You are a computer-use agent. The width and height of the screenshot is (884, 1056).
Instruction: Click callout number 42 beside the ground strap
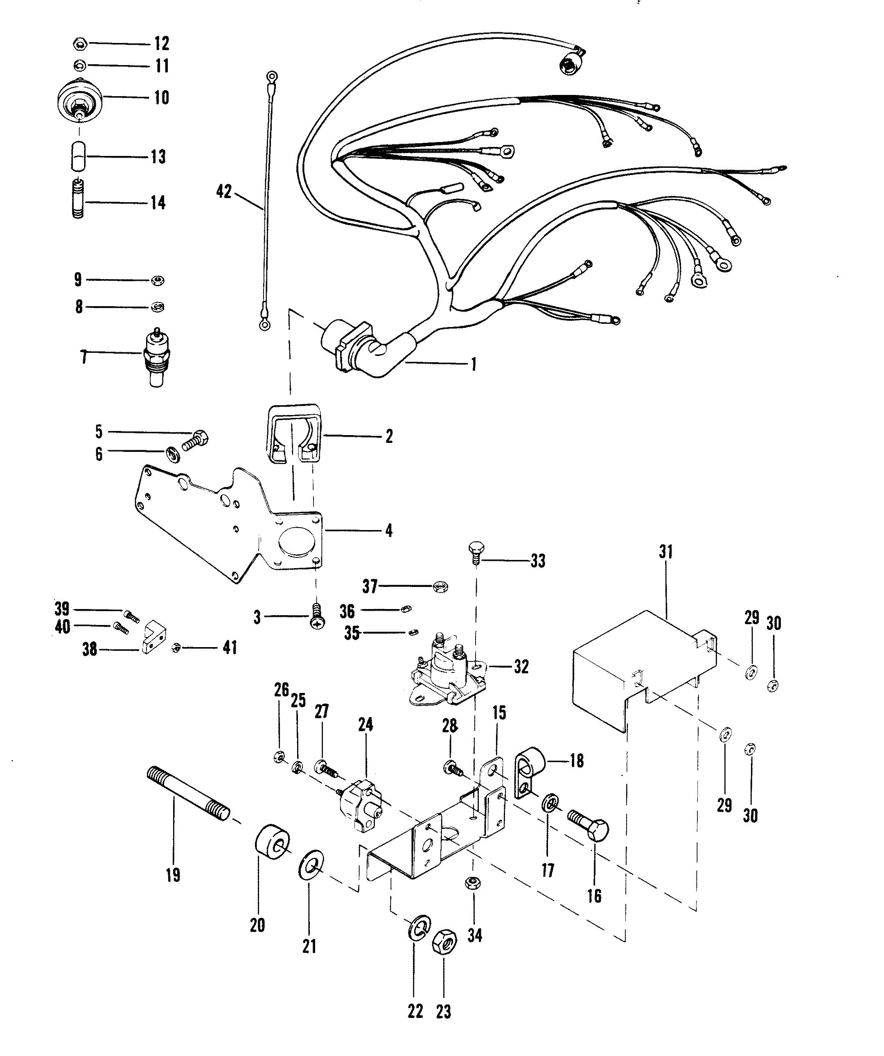[x=224, y=192]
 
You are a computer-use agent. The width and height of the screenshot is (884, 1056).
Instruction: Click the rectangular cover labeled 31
[x=638, y=664]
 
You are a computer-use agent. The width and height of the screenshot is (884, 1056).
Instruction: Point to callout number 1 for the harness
[x=473, y=365]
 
